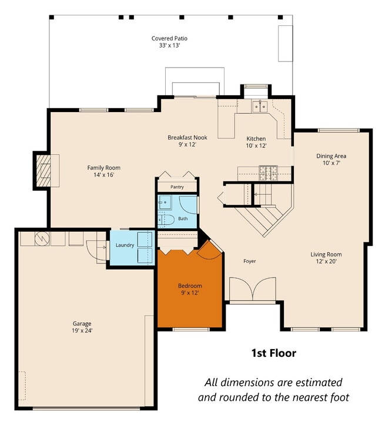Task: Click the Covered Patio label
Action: (169, 38)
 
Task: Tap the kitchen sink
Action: (260, 106)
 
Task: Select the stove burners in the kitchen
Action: (268, 173)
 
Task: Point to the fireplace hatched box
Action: (43, 171)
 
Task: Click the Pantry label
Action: (177, 187)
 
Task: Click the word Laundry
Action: (125, 245)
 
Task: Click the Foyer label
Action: (250, 261)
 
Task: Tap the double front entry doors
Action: (253, 289)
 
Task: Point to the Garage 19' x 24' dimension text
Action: (82, 330)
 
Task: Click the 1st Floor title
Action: (274, 353)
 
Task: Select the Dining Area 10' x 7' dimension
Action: (331, 163)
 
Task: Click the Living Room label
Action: (326, 255)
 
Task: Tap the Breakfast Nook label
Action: (187, 137)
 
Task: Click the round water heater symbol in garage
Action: (42, 238)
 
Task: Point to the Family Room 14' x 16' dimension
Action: (103, 175)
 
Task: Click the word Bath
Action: (183, 218)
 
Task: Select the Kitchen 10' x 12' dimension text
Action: (256, 146)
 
